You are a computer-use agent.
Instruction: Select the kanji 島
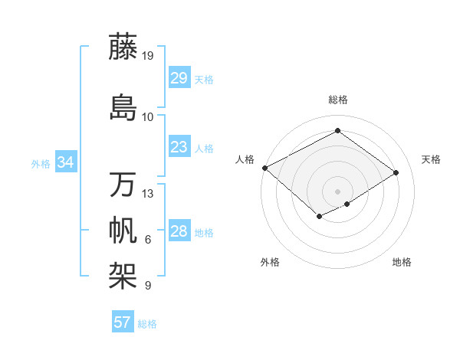click(x=123, y=107)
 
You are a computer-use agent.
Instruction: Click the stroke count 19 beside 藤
click(x=148, y=55)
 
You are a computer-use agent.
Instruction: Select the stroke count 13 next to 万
click(x=148, y=194)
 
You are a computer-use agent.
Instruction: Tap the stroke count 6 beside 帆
click(x=148, y=240)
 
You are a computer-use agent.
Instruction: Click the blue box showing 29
click(x=179, y=77)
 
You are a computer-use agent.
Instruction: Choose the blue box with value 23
click(x=179, y=146)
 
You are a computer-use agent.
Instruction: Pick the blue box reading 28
click(x=179, y=231)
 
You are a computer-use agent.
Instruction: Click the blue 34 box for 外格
click(x=66, y=162)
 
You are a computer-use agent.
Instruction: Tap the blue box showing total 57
click(x=122, y=322)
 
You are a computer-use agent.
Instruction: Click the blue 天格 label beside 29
click(x=204, y=79)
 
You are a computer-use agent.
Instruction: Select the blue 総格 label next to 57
click(x=147, y=324)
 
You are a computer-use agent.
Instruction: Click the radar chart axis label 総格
click(x=337, y=100)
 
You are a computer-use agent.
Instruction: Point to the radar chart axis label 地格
click(x=402, y=263)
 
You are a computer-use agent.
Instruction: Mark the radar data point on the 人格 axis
click(x=264, y=167)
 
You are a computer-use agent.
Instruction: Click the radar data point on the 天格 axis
click(x=396, y=173)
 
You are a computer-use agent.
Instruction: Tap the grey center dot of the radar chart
click(x=337, y=191)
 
